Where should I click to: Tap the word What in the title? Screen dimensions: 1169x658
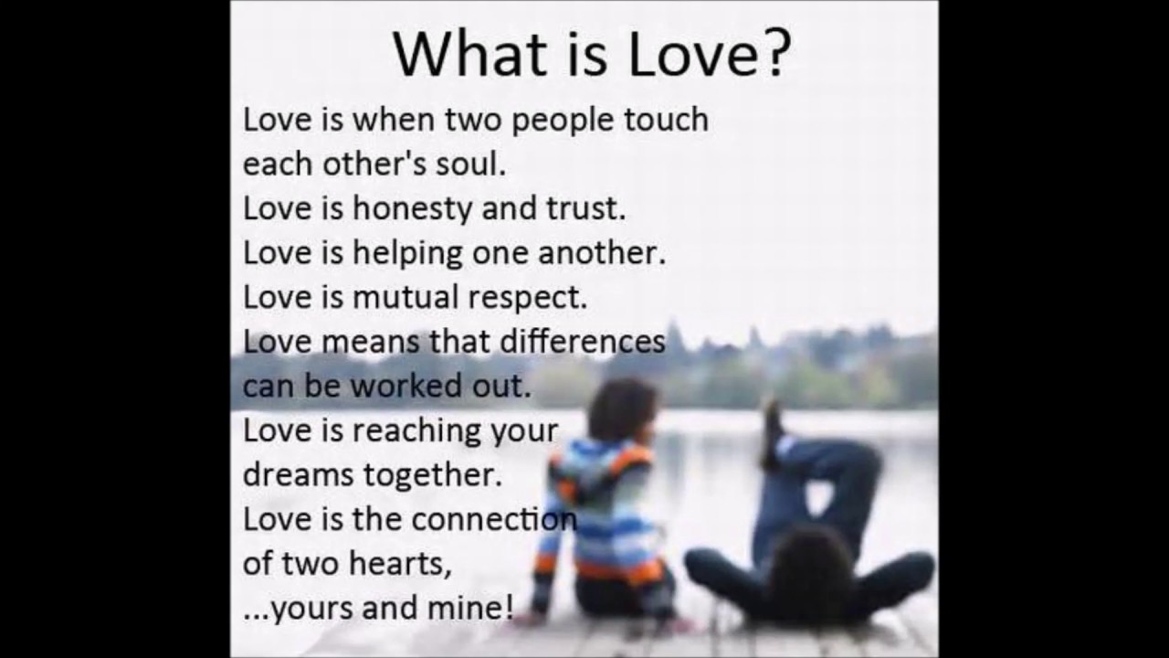click(x=469, y=54)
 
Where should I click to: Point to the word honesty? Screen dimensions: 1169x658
click(x=412, y=210)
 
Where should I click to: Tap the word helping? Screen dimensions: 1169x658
click(x=407, y=254)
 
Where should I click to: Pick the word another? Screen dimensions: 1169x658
click(x=602, y=253)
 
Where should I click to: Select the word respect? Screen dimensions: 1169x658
click(x=528, y=299)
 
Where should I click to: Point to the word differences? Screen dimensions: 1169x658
click(x=583, y=342)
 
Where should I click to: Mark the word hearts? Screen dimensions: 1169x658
click(x=400, y=564)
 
